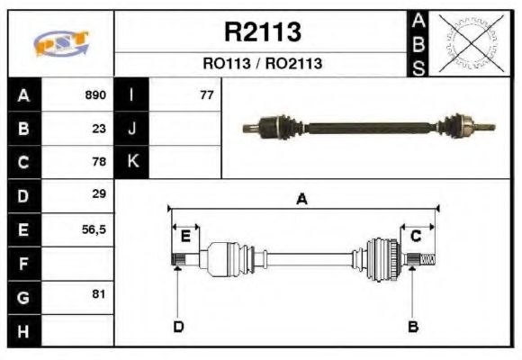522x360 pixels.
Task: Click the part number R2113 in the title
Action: click(262, 32)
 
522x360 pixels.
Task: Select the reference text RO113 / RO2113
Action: click(262, 64)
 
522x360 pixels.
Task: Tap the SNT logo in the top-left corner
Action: click(60, 43)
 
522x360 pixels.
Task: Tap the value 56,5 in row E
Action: click(94, 229)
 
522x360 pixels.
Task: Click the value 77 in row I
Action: click(206, 94)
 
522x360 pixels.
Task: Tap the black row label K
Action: click(132, 162)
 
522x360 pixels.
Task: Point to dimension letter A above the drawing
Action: click(302, 200)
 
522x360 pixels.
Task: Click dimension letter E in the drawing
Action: click(185, 237)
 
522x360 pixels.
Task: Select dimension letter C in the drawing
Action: click(416, 236)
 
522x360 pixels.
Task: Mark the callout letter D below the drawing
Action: click(178, 326)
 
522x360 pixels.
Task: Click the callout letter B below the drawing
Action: click(413, 326)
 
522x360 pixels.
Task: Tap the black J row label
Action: click(132, 128)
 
